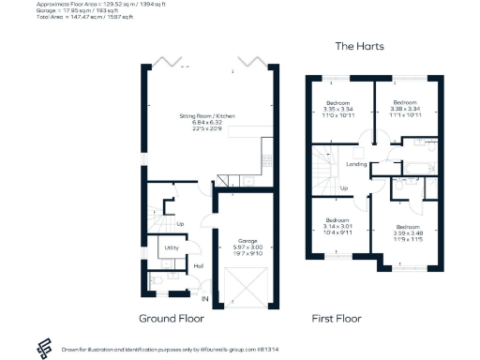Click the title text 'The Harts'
click(360, 46)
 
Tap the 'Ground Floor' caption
click(172, 318)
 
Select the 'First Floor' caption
click(337, 318)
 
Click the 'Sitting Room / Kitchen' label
click(208, 115)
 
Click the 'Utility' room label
click(172, 247)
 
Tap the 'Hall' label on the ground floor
click(198, 266)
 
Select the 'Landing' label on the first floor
click(356, 164)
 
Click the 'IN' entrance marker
click(204, 298)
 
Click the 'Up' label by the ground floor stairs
click(180, 223)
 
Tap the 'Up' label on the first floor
click(343, 187)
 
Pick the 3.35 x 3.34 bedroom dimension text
click(337, 109)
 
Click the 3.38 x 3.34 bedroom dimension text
click(405, 109)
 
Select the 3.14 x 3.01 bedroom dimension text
click(337, 226)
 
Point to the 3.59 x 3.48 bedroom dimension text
click(408, 232)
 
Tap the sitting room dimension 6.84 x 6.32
click(208, 123)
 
